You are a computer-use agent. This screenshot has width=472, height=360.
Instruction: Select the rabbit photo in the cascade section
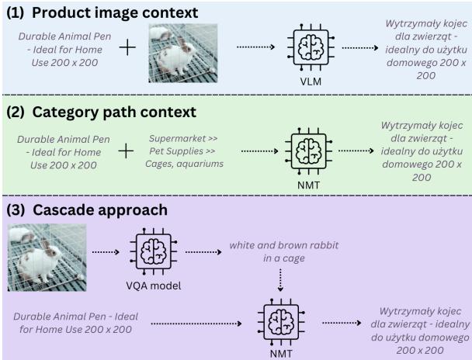(47, 251)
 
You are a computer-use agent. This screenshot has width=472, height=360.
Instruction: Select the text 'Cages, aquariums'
(184, 164)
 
